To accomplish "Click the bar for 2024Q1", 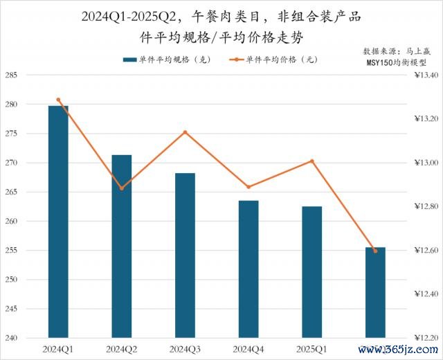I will (58, 222).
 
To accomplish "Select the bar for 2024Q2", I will (122, 246).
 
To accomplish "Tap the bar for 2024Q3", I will (185, 255).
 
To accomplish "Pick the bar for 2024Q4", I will (248, 269).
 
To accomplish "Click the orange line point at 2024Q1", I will (58, 100).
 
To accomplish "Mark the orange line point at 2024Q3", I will (185, 132).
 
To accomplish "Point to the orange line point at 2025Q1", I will (312, 161).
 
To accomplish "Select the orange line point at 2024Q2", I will (122, 188).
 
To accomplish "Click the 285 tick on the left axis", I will (12, 75).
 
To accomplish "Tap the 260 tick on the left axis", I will (12, 222).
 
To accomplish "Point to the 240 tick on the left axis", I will (12, 339).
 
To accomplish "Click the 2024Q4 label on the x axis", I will (248, 350).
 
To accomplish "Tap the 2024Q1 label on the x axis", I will (58, 350).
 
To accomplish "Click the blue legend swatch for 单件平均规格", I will (130, 60).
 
